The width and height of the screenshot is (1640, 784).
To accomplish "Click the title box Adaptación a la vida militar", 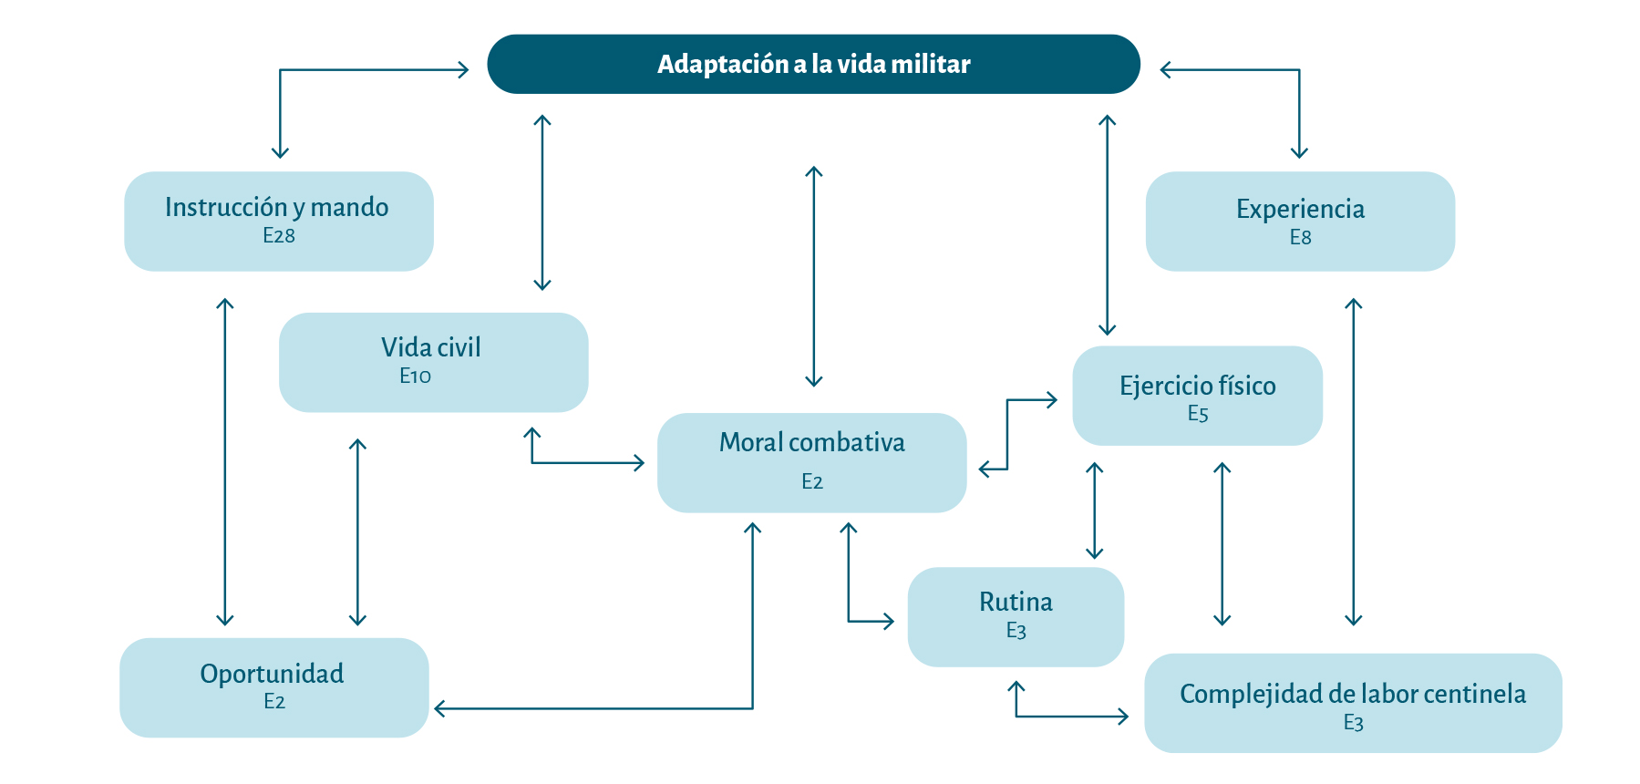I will pos(813,64).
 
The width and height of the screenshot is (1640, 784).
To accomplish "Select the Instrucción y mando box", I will pos(278,221).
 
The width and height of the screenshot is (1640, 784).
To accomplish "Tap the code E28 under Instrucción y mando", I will pos(278,236).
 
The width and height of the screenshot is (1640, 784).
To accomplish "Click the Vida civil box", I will pos(433,362).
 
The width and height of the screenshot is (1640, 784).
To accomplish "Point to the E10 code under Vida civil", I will pos(415,376).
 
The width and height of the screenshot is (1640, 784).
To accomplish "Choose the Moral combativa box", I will pos(811,462).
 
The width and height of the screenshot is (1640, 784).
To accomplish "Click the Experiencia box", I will pos(1299,221).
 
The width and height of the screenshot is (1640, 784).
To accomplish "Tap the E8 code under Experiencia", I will pos(1300,238).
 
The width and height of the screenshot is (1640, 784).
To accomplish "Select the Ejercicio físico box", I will pos(1197,395).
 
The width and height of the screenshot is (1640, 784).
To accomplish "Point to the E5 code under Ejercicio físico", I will pos(1197,414).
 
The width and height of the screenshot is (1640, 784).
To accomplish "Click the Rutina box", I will pos(1016,616).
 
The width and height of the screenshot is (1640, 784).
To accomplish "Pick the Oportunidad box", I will pos(273,686).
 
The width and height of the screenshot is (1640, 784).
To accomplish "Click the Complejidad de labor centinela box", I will pos(1352,702).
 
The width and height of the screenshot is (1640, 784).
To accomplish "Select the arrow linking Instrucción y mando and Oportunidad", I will pos(225,461).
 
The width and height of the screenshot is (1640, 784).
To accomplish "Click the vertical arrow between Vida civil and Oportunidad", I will pos(357,532).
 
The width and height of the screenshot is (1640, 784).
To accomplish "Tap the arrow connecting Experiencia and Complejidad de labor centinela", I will pos(1353,461).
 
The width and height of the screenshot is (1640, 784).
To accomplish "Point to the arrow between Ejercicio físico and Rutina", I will pos(1094,511).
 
